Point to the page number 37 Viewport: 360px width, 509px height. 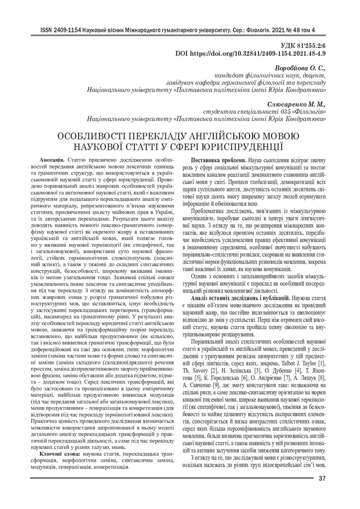coord(321,479)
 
